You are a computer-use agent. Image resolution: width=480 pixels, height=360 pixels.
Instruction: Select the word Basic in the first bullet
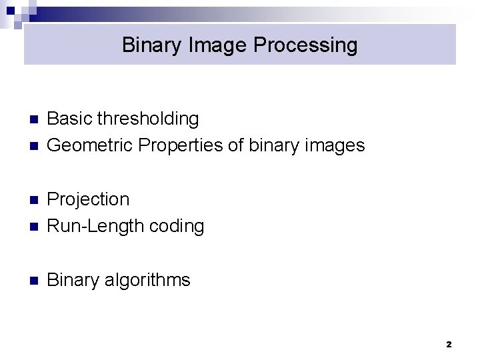[x=70, y=119]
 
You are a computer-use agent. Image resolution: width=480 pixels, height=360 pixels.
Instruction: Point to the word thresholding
[x=148, y=119]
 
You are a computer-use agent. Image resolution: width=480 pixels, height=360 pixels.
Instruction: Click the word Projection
[x=88, y=199]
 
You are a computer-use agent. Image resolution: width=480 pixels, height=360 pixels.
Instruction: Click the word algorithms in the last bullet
[x=147, y=280]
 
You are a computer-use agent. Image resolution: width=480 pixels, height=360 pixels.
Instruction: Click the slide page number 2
[x=448, y=345]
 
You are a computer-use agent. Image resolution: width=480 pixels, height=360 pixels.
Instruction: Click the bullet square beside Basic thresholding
[x=35, y=120]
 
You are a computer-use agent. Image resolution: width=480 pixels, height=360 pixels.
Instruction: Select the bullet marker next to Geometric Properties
[x=35, y=146]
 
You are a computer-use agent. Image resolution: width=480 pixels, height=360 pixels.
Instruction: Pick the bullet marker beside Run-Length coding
[x=35, y=227]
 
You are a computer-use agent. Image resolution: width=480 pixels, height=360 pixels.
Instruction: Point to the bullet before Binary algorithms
[x=35, y=281]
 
